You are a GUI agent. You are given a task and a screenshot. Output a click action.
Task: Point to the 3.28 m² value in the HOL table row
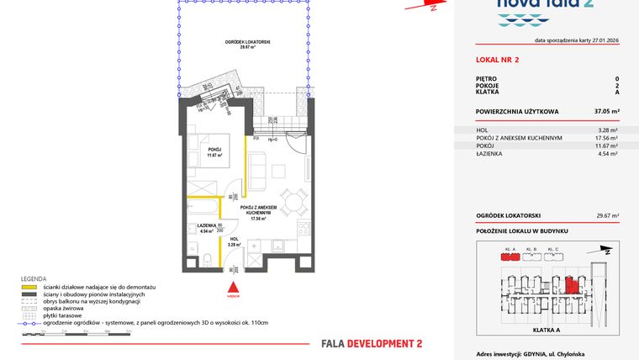608,130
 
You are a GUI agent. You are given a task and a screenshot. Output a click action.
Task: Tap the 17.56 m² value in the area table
606,138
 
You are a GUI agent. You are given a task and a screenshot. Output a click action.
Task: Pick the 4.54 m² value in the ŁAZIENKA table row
607,154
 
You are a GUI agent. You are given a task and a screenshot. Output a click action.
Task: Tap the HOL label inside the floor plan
235,241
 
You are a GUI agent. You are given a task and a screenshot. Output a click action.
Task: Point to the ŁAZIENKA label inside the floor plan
206,227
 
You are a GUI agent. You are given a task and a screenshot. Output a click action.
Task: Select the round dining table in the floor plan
292,202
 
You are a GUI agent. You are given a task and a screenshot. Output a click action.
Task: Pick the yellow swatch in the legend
29,288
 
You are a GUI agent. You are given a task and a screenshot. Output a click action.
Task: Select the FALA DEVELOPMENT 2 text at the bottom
372,343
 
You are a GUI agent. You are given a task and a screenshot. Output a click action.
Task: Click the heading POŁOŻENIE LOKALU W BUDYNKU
521,230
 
